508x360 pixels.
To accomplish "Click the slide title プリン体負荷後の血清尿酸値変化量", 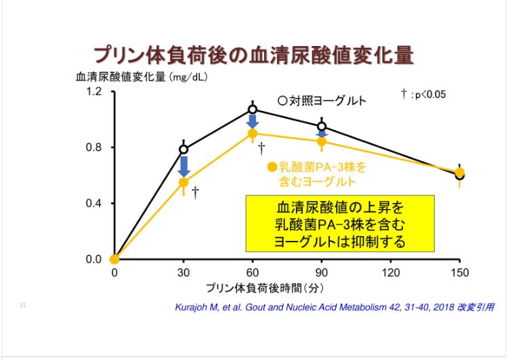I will pos(253,55).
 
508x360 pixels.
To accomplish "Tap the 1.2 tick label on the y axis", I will pos(93,91).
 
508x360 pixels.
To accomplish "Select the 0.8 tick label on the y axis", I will pos(93,148).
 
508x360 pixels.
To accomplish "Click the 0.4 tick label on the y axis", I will pos(93,203).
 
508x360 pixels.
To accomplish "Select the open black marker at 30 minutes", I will pos(184,150).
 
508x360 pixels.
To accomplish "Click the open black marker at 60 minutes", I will pos(253,109).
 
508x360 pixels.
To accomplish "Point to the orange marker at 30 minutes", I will pos(184,182).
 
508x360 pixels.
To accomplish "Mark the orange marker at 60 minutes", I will pos(253,133).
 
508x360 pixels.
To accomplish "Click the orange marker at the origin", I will pos(114,258).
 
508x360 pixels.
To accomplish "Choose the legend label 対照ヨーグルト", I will pos(322,101).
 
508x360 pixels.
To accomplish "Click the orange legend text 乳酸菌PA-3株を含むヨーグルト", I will pos(316,175).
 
